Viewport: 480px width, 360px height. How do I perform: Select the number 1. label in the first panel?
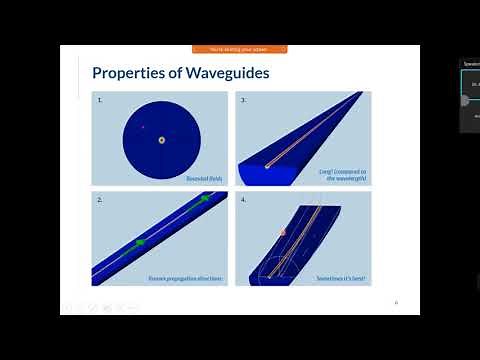(x=100, y=101)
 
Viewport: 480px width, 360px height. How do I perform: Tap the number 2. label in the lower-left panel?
(x=100, y=200)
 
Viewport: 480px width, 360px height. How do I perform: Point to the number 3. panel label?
(x=244, y=101)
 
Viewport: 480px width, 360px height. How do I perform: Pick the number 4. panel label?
(x=244, y=200)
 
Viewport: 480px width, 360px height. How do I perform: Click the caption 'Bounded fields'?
(x=204, y=178)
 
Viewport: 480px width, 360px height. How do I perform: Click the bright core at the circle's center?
(x=161, y=140)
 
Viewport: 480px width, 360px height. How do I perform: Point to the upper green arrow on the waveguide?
(x=203, y=200)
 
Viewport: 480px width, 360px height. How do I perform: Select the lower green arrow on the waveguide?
(x=140, y=242)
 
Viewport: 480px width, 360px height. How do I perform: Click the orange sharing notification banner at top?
(x=239, y=49)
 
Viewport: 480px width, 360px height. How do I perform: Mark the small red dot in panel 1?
(x=143, y=127)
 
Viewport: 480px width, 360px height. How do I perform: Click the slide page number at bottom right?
(x=396, y=302)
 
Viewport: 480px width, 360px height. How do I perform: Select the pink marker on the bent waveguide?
(x=283, y=232)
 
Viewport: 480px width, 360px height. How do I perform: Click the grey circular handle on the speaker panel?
(x=465, y=100)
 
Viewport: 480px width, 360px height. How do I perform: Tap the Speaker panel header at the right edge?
(x=471, y=63)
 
